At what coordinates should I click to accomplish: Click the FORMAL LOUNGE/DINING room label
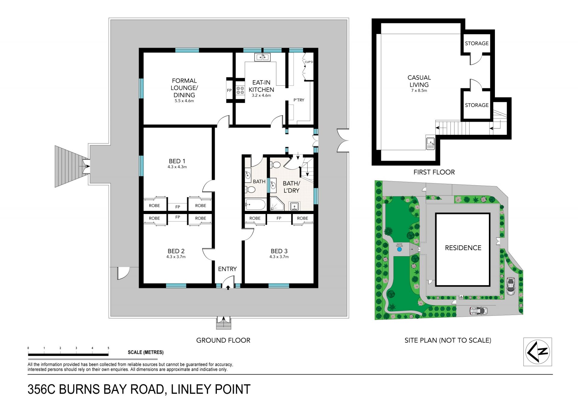184,88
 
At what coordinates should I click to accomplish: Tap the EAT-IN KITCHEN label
261,86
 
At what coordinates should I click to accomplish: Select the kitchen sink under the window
263,57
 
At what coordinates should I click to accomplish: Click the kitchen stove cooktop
240,90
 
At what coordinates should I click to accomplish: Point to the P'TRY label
299,100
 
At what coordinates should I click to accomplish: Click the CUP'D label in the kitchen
309,62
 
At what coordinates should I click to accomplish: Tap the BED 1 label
177,161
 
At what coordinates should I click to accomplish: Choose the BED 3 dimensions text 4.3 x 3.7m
279,257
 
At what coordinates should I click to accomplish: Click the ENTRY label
227,269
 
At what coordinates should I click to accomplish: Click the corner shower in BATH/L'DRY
277,204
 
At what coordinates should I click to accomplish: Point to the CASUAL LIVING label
419,81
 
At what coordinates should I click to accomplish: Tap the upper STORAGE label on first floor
477,43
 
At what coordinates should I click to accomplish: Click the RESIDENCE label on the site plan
463,248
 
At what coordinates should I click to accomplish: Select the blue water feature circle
399,250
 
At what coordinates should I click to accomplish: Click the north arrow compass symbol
538,351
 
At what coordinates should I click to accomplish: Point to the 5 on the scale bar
108,348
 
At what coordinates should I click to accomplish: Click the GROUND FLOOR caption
223,340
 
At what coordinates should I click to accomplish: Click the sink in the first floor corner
430,143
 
